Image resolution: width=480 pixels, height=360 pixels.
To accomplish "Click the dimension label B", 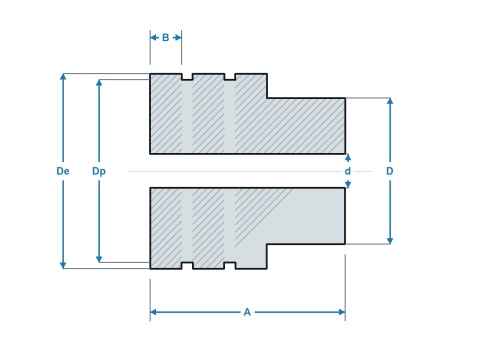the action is click(165, 38).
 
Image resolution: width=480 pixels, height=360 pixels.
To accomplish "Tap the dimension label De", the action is click(63, 171).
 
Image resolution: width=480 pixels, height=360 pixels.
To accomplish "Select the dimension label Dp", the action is click(99, 171).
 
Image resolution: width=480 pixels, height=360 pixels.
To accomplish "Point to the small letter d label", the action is click(348, 171).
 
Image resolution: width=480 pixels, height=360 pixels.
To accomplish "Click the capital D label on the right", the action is click(390, 171).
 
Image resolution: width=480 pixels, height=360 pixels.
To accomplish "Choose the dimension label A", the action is click(247, 312).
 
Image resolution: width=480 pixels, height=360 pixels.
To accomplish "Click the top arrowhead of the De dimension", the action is click(63, 77).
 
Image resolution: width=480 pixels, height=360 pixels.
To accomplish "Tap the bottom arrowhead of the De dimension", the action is click(63, 265).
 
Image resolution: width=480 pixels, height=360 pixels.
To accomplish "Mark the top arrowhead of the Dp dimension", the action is click(99, 83).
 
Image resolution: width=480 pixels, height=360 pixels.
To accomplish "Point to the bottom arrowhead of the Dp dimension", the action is click(99, 259).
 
